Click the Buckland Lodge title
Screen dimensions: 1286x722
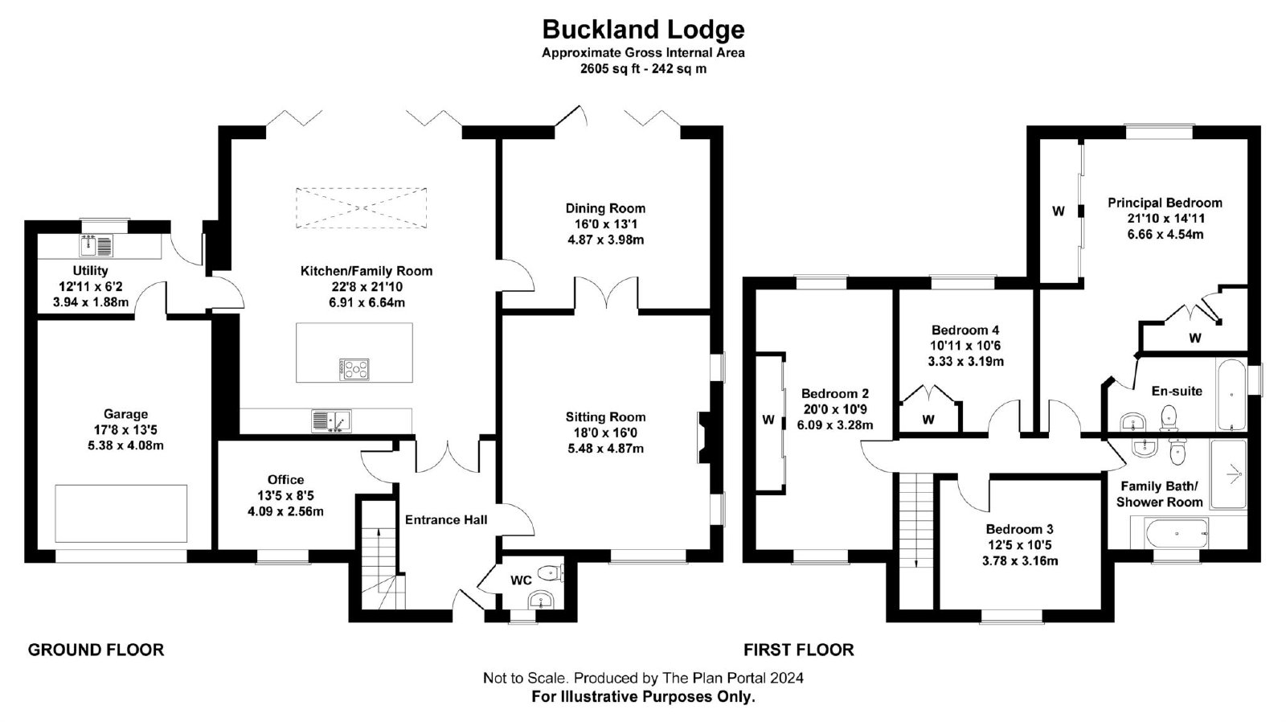point(643,29)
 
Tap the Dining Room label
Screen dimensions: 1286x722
point(605,208)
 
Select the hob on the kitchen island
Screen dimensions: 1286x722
point(354,369)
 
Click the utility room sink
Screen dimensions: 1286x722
point(96,246)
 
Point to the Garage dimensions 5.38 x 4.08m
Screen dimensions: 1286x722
point(125,445)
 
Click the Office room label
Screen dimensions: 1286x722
point(285,480)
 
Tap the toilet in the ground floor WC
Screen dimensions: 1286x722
point(551,572)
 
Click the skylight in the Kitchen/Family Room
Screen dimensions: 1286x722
point(361,208)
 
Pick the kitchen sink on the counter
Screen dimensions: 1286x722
point(331,421)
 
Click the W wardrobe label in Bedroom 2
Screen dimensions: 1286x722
point(768,420)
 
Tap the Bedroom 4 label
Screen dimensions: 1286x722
point(965,330)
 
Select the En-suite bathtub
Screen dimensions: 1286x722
point(1231,394)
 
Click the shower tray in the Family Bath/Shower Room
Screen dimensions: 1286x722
point(1229,474)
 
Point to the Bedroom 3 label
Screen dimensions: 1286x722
point(1020,530)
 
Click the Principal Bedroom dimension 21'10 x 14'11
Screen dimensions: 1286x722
point(1165,219)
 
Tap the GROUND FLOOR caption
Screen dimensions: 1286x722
point(96,650)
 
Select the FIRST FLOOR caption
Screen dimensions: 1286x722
point(799,650)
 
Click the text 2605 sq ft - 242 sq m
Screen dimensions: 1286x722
point(643,69)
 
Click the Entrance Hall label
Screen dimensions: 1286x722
point(446,520)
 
